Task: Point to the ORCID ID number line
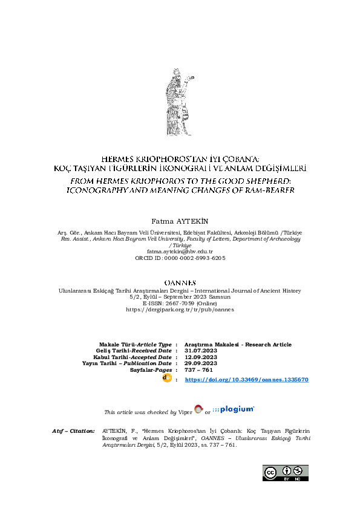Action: (x=180, y=258)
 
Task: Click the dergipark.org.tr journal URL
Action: (x=180, y=309)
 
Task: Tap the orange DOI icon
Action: (x=168, y=378)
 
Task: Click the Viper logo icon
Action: (x=198, y=410)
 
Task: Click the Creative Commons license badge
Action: (x=285, y=472)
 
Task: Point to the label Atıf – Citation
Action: (x=74, y=431)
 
